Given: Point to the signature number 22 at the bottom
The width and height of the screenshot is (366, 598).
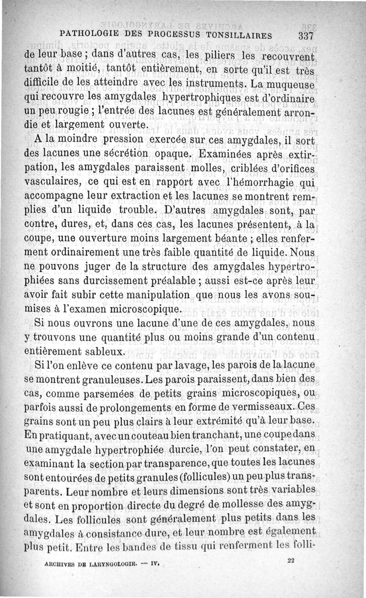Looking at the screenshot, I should [x=290, y=561].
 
